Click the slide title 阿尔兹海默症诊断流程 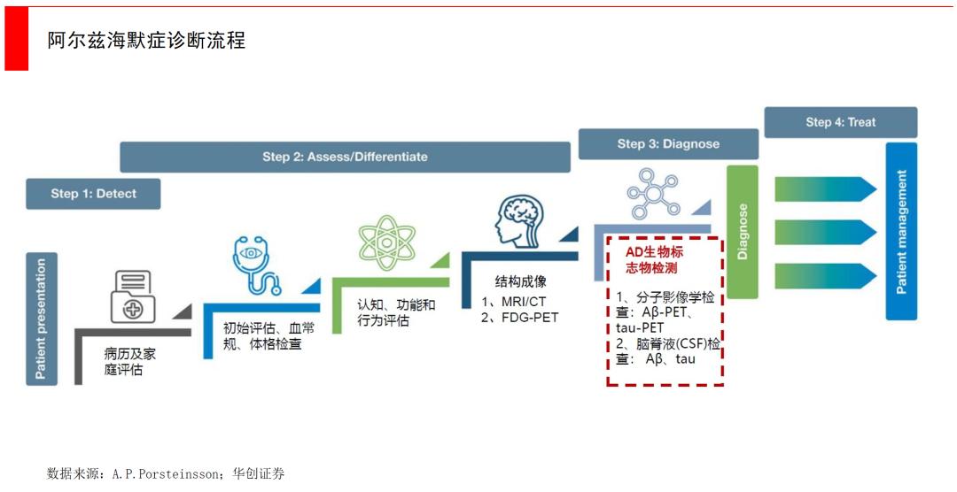(x=146, y=40)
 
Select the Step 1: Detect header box (x=93, y=194)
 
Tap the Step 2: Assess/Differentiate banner (x=345, y=158)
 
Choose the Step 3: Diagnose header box (x=668, y=144)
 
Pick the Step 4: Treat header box (x=840, y=122)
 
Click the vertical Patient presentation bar (x=42, y=319)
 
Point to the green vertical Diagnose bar (x=743, y=232)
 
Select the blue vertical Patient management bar (x=901, y=232)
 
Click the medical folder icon (x=133, y=297)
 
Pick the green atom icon (x=386, y=242)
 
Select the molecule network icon (x=653, y=194)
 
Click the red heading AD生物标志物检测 (x=654, y=260)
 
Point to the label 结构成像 (x=520, y=281)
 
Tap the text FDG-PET (x=529, y=317)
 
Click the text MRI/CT (x=524, y=302)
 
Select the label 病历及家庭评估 (x=130, y=362)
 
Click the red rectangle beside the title (x=17, y=38)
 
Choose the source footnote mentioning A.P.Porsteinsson (x=166, y=473)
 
